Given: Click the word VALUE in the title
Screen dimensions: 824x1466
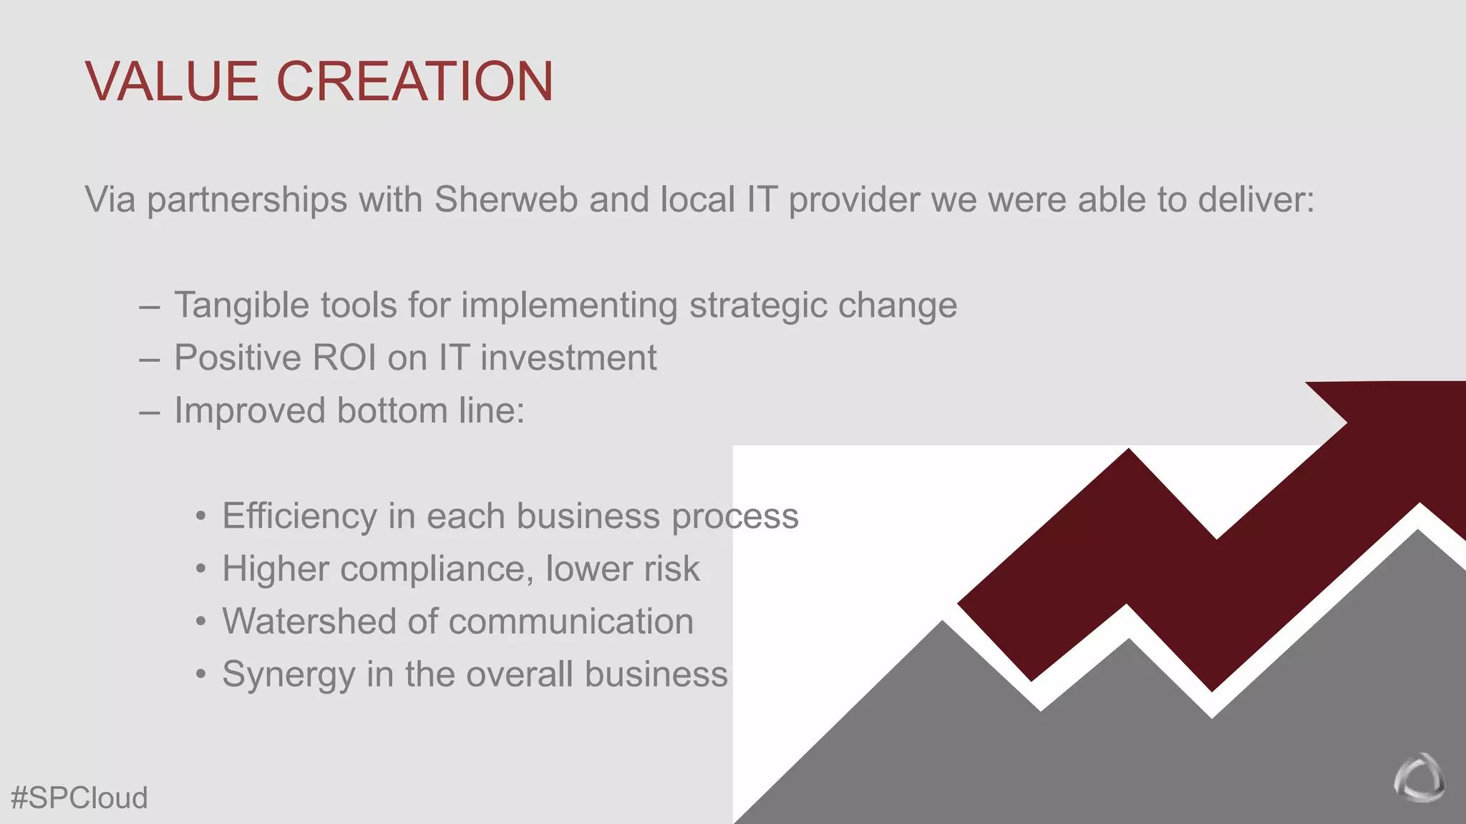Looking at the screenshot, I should click(x=171, y=81).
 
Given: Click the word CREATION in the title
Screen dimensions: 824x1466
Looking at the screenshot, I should click(x=414, y=81).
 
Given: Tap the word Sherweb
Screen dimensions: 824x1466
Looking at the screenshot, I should click(x=506, y=199).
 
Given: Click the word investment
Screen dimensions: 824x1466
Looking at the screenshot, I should click(x=568, y=358).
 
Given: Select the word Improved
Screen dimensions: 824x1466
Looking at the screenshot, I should click(x=250, y=411).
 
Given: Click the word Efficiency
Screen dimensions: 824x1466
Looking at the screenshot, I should click(x=299, y=516).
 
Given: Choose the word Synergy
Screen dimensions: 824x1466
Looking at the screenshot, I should click(x=288, y=675).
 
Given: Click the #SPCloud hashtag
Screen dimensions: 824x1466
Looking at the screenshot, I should click(x=79, y=798).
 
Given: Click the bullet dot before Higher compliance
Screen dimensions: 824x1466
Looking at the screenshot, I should click(x=201, y=569).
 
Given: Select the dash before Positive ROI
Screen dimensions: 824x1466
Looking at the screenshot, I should click(x=150, y=359).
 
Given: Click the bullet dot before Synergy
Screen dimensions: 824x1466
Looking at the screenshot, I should click(x=201, y=675).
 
